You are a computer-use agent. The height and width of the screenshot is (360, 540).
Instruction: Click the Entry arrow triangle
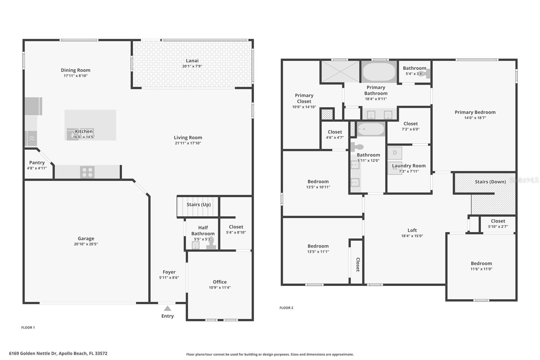point(167,308)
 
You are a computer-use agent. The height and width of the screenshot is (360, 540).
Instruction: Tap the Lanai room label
point(192,61)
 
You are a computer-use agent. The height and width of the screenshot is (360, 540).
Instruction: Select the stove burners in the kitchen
point(87,172)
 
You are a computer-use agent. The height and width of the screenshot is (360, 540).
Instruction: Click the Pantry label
point(37,162)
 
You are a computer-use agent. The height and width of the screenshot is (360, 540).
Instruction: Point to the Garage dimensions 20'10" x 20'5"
point(86,244)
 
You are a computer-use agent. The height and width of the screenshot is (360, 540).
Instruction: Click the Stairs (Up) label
point(198,205)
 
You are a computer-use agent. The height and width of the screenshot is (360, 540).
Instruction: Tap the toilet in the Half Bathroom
point(211,243)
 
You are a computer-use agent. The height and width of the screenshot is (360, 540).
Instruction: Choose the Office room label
point(220,282)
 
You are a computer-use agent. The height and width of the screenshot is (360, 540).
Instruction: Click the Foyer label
point(169,272)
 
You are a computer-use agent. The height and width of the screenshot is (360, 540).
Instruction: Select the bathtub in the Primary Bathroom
point(379,72)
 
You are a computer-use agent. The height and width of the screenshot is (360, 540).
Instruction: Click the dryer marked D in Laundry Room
point(395,153)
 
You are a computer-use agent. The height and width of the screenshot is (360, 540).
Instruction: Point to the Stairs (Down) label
point(490,182)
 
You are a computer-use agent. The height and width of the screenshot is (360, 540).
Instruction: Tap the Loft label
point(412,230)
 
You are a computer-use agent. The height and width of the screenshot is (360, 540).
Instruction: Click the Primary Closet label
point(304,98)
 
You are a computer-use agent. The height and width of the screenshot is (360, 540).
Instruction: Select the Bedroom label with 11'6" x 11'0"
point(481,263)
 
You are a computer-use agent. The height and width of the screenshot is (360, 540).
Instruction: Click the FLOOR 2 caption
point(286,308)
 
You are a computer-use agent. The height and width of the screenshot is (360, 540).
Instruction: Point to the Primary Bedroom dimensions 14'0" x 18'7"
point(475,118)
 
